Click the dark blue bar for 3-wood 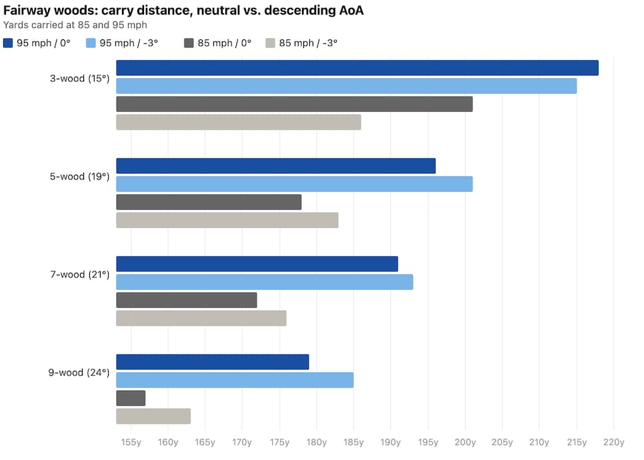point(357,68)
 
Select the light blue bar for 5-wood point(294,184)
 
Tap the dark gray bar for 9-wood point(131,398)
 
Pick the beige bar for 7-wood point(201,318)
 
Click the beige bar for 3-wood point(239,122)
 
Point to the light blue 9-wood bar point(235,380)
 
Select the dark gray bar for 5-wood point(209,202)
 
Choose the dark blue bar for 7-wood point(257,264)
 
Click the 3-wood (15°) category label point(79,79)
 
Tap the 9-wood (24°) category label point(79,373)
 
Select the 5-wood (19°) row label point(79,177)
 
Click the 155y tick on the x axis point(131,442)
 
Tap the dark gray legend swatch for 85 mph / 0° point(189,43)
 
